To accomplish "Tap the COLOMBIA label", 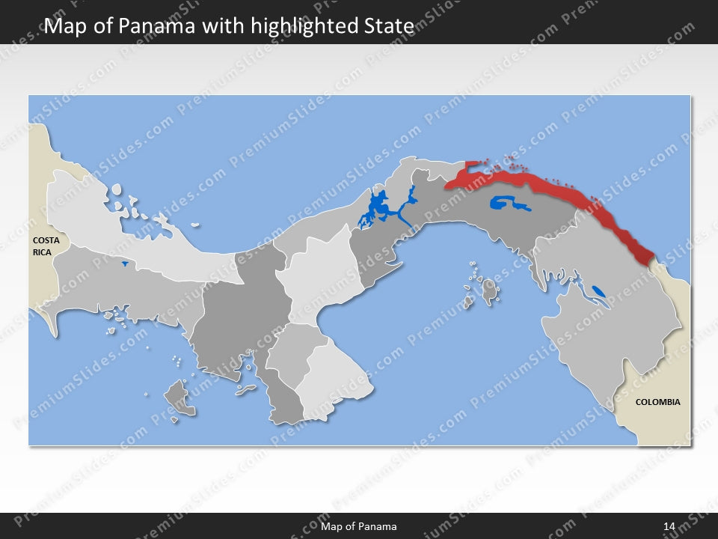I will (x=657, y=402).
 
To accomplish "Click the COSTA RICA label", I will (x=46, y=246).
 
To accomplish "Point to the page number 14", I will (x=669, y=526).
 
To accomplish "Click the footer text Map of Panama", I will (x=359, y=526).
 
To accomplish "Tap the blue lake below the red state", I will (x=508, y=202).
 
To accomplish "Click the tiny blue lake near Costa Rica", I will (x=123, y=264).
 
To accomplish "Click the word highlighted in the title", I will (x=305, y=27).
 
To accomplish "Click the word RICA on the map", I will (x=42, y=253).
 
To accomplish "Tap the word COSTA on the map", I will (x=46, y=240).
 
